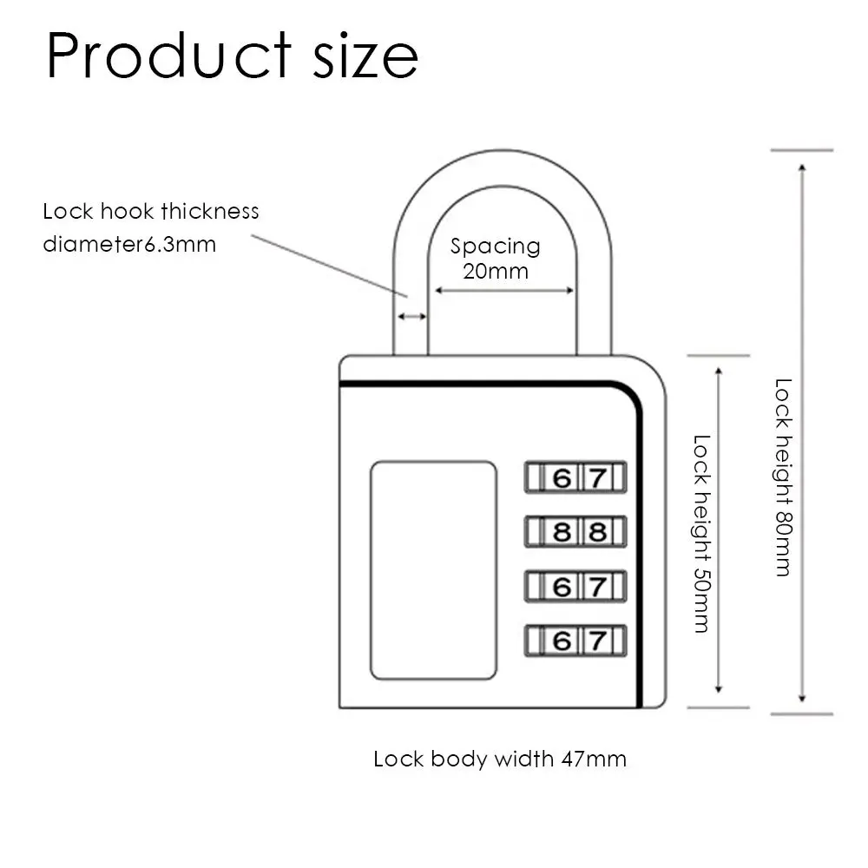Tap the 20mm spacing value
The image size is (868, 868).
pyautogui.click(x=495, y=270)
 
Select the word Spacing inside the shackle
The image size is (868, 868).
pyautogui.click(x=495, y=247)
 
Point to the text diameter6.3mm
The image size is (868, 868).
pyautogui.click(x=129, y=244)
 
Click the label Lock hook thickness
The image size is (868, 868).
pyautogui.click(x=151, y=211)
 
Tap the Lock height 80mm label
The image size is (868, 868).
pyautogui.click(x=783, y=477)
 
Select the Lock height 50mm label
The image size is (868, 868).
pyautogui.click(x=702, y=533)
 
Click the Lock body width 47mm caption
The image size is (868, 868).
pyautogui.click(x=500, y=759)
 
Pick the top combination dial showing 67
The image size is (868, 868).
pyautogui.click(x=575, y=478)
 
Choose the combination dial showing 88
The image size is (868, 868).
pyautogui.click(x=575, y=530)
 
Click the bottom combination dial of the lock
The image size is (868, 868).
pyautogui.click(x=575, y=641)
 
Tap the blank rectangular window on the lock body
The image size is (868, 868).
pyautogui.click(x=433, y=570)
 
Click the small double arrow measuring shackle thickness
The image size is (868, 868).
pyautogui.click(x=412, y=318)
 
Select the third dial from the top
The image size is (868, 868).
pyautogui.click(x=575, y=587)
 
